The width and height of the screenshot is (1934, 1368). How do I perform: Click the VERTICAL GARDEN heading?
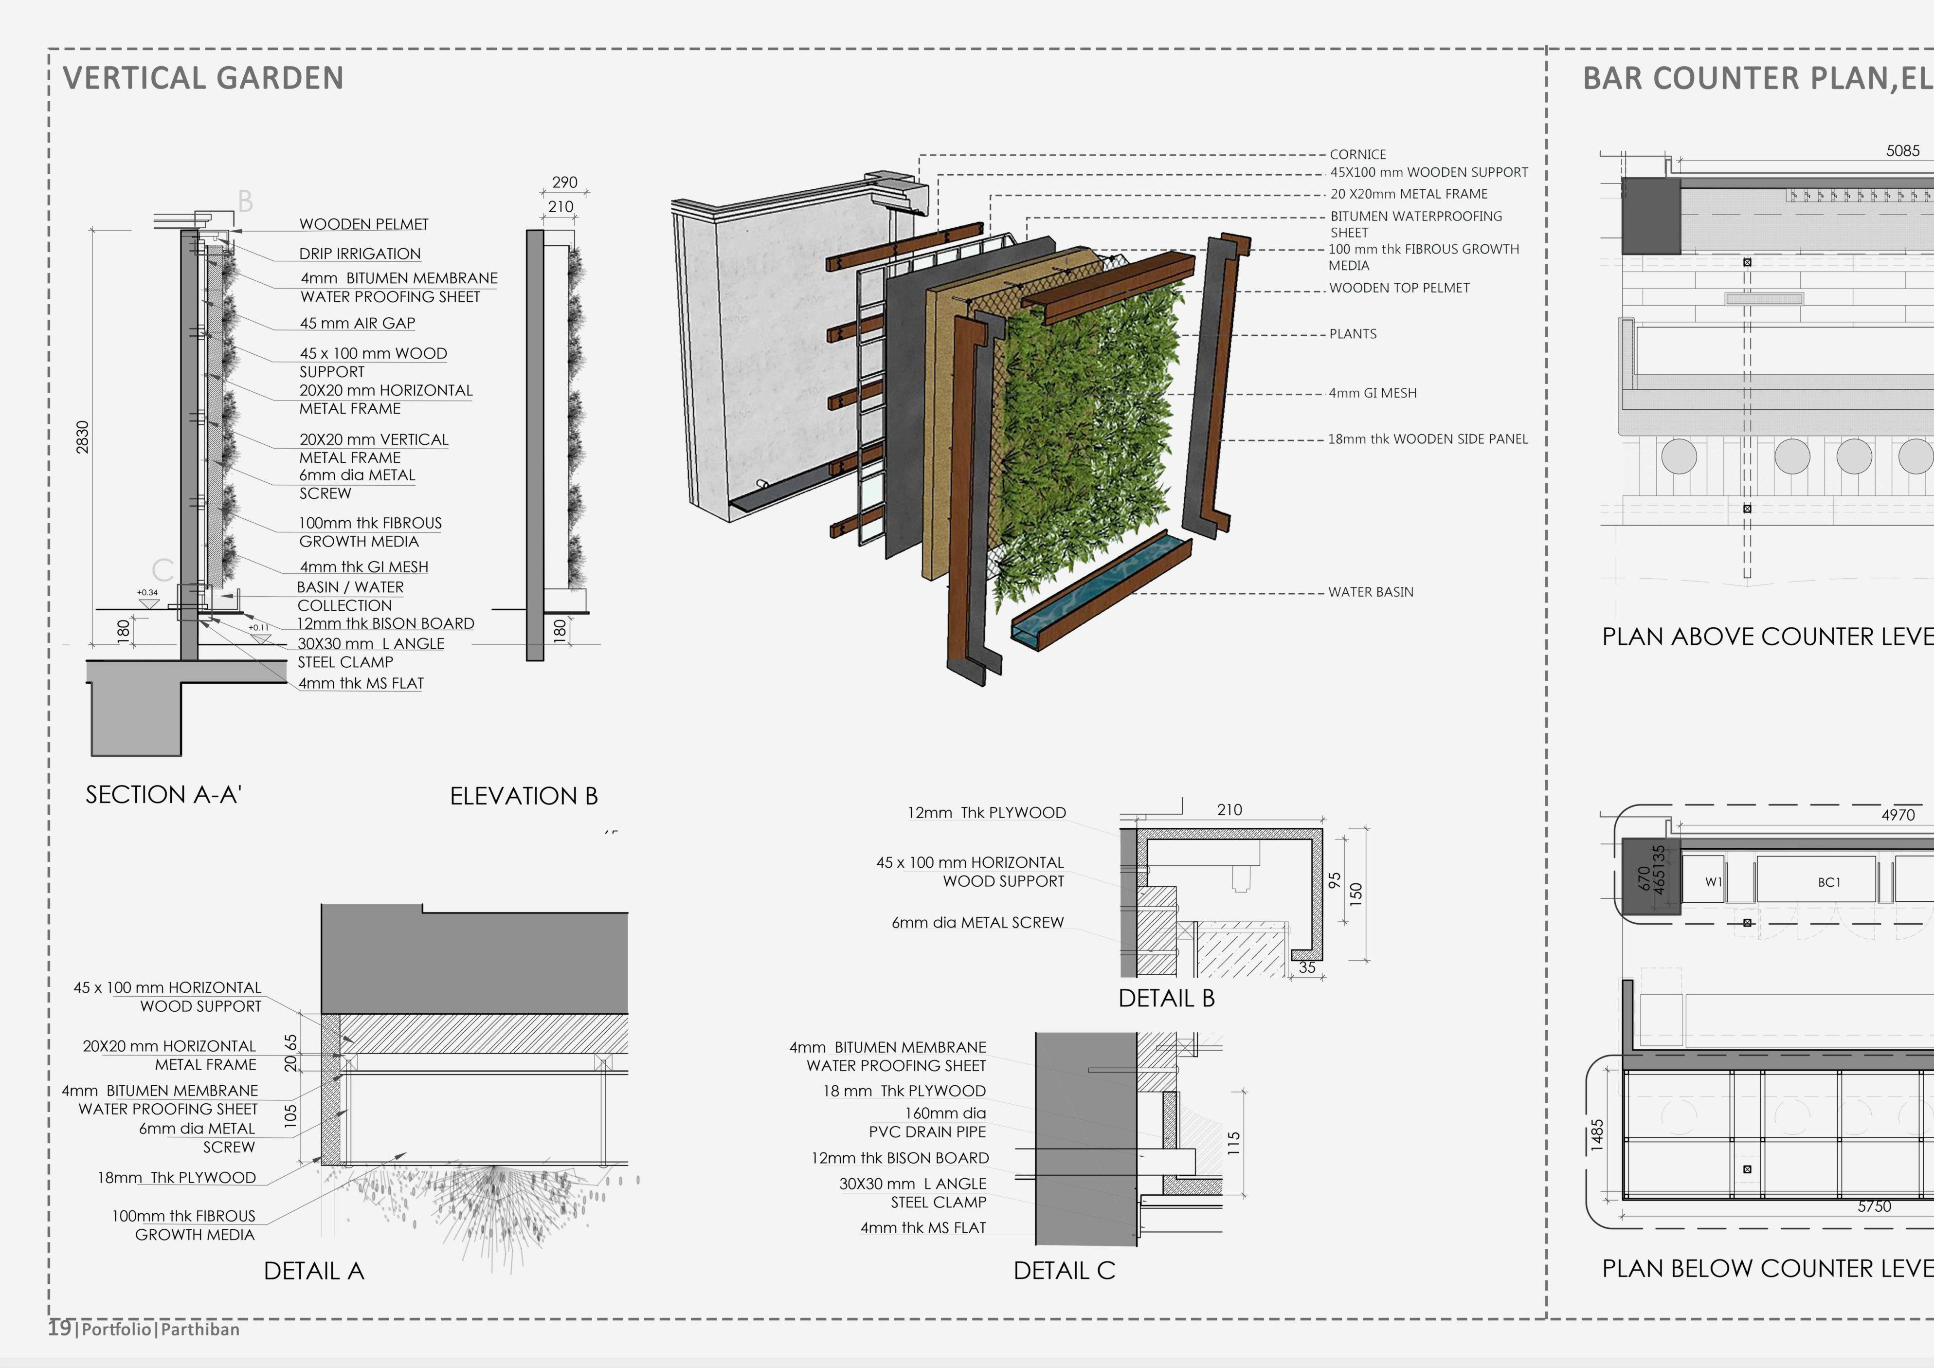203,78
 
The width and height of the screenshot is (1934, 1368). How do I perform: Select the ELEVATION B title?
523,796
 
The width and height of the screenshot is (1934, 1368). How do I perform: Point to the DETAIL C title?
1064,1270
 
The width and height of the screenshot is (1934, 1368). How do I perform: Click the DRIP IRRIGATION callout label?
360,254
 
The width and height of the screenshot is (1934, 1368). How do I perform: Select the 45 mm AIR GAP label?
357,324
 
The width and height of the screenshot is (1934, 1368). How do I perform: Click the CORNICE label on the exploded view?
1357,154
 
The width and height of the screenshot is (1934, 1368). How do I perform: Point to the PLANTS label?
1353,333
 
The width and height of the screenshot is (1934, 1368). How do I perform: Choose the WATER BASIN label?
1371,592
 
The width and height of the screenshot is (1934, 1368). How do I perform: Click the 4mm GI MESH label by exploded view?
1372,393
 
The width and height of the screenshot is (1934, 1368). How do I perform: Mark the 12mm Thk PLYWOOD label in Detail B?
986,813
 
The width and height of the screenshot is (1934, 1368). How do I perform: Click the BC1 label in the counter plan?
1829,882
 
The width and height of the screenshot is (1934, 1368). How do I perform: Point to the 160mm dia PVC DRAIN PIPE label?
927,1122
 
